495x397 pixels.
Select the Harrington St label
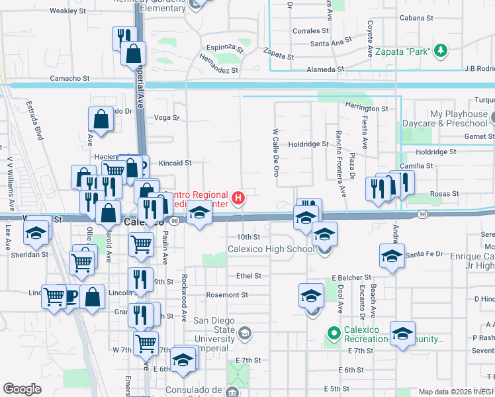point(366,108)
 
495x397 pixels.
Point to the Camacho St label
point(69,78)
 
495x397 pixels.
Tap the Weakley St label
point(67,11)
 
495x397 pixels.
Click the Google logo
point(22,389)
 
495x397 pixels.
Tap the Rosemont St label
point(227,294)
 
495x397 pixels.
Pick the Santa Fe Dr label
point(424,255)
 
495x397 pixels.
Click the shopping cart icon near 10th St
point(142,243)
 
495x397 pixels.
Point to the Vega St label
point(166,118)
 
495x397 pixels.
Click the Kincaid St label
point(175,162)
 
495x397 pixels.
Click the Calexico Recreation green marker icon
point(334,331)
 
